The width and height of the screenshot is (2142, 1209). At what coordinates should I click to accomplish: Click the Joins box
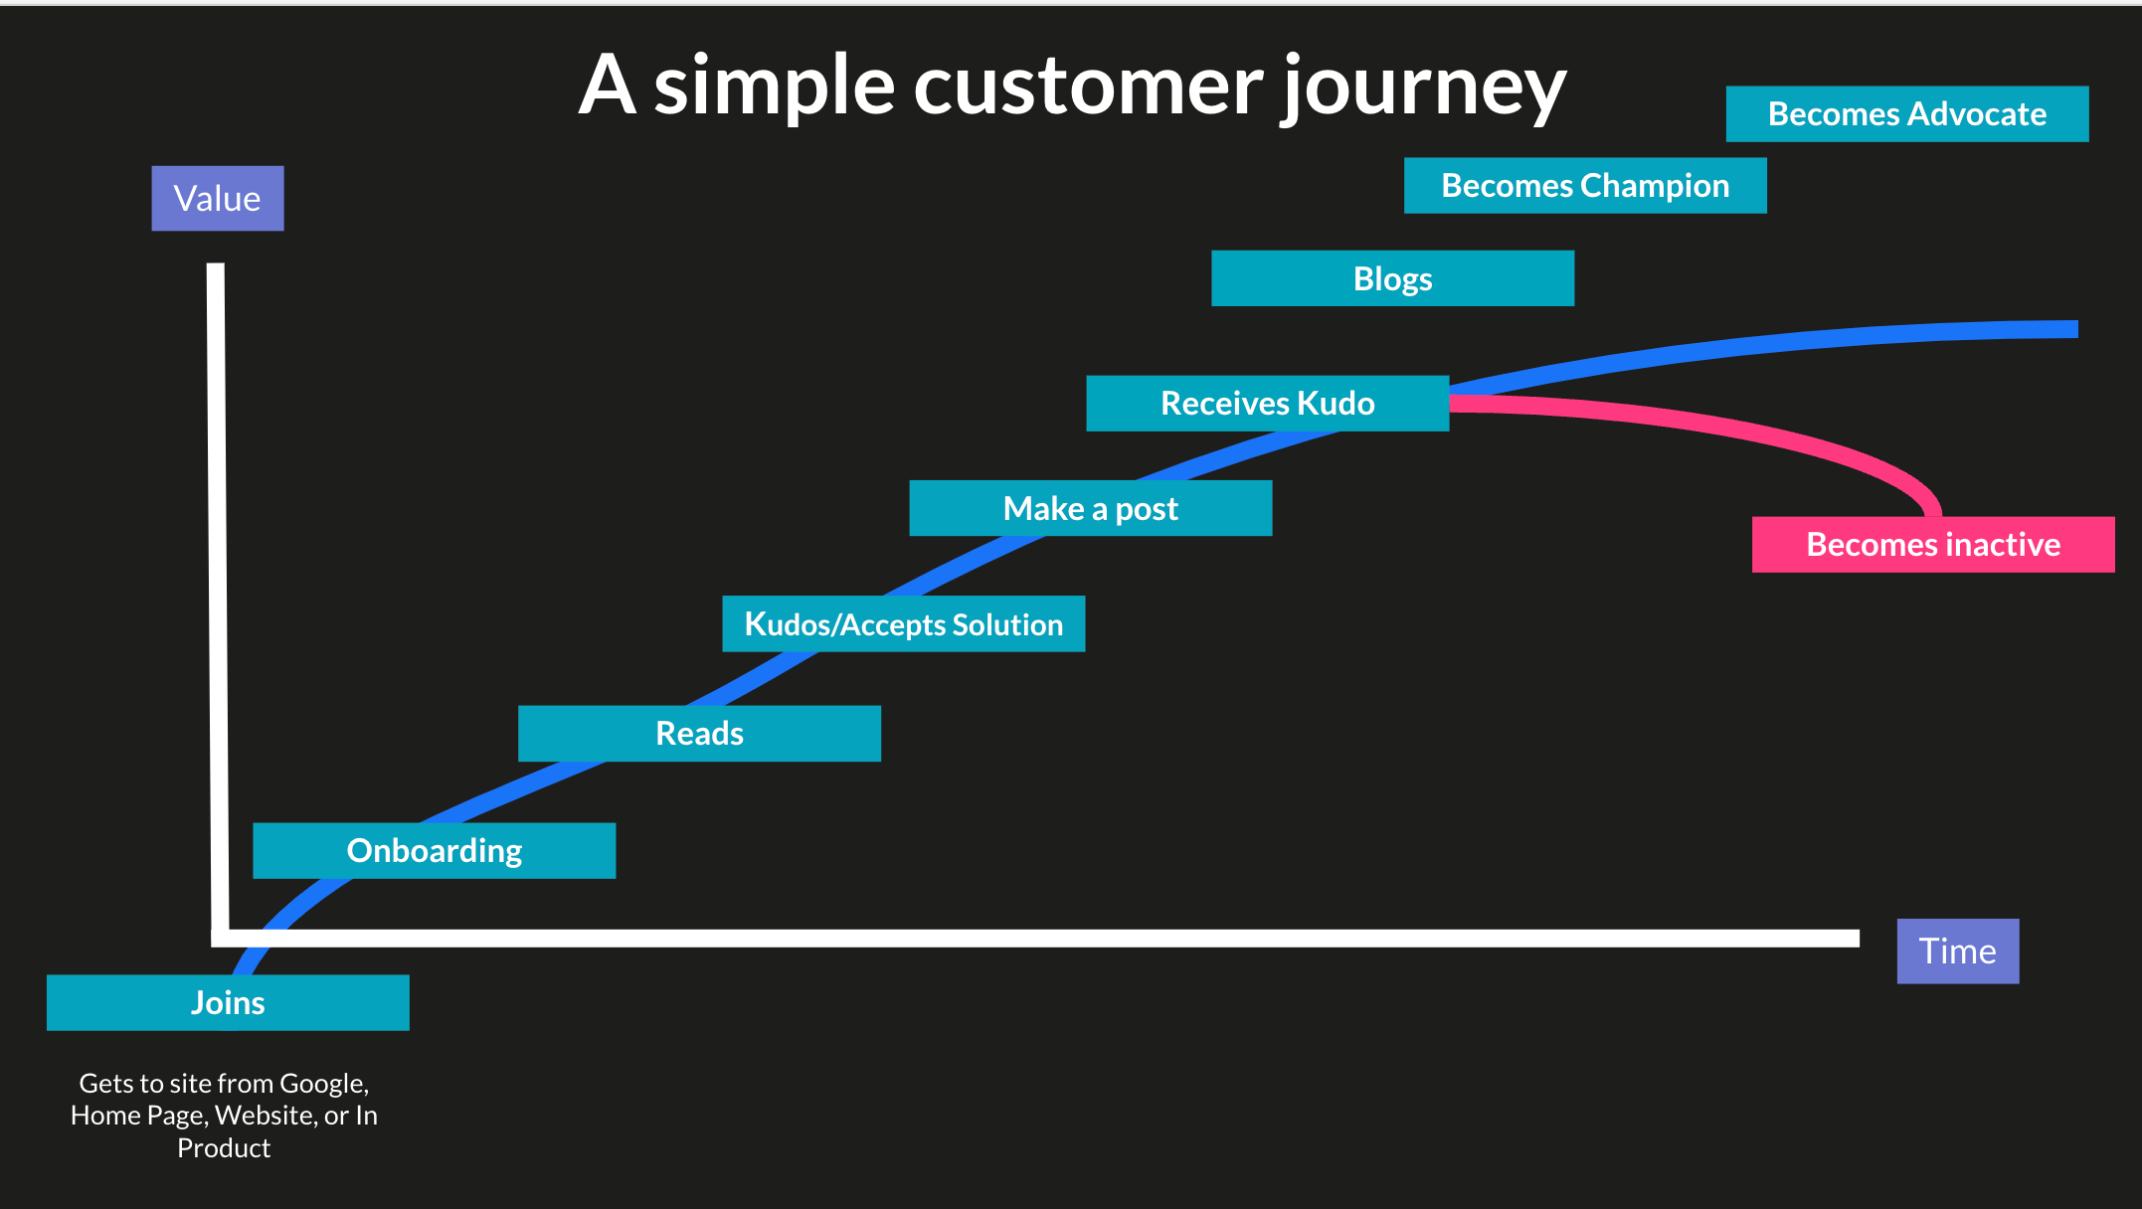click(228, 1002)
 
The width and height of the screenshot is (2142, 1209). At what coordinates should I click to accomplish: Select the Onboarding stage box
click(434, 851)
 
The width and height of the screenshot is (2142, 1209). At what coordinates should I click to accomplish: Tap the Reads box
click(699, 734)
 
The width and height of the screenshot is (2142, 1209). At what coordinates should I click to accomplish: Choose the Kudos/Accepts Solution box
click(903, 624)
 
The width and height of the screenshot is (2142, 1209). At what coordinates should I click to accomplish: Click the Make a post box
click(1090, 509)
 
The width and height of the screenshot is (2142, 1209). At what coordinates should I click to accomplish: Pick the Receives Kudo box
click(1267, 404)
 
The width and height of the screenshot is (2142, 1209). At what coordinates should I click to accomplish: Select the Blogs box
click(1392, 278)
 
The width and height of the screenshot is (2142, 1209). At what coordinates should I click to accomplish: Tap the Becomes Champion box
click(1585, 186)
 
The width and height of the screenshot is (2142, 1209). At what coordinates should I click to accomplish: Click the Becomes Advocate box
click(1906, 114)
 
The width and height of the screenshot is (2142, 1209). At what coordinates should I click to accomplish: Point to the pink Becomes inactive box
click(1932, 545)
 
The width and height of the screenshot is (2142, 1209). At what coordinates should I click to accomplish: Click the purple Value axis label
click(218, 199)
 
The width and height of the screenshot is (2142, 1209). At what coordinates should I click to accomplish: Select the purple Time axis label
click(1957, 951)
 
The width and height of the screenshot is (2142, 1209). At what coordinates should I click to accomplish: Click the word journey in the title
click(1424, 87)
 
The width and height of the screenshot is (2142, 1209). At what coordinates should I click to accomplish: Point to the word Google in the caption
click(323, 1083)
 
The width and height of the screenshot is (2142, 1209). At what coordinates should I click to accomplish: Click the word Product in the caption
click(224, 1148)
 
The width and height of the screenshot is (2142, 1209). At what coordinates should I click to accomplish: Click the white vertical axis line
click(217, 597)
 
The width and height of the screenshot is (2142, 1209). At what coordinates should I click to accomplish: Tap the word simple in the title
click(774, 87)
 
